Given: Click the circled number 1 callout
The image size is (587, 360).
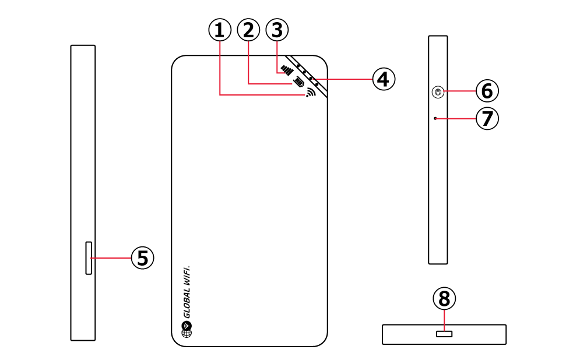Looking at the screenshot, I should pos(219,30).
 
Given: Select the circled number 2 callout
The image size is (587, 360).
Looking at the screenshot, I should pos(248,30).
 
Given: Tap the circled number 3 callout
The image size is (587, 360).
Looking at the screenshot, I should pos(277,30).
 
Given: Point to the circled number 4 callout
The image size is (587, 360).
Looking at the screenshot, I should pos(383,79).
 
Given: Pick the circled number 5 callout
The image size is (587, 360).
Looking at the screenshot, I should pos(142,257).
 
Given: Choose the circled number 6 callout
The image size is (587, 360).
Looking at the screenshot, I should pos(487,90).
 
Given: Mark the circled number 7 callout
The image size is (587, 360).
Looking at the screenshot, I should pos(487,119).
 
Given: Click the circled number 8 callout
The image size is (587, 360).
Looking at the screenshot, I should pos(444,299).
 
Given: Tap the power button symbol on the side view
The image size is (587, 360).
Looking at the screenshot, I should pos(438,91).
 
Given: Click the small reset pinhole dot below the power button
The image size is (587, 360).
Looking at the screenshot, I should pos(435,118).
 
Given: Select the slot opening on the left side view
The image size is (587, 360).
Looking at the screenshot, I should pos(89,257).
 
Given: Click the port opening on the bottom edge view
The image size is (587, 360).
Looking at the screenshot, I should pos(444,334).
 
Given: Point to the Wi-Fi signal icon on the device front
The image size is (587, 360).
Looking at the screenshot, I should pos(310,92).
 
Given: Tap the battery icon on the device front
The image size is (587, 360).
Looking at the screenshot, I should pos(299,82).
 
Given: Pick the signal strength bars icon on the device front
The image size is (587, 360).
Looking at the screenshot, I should pos(287,70).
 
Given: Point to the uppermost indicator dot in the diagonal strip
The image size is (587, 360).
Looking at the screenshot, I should pos(297,65).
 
